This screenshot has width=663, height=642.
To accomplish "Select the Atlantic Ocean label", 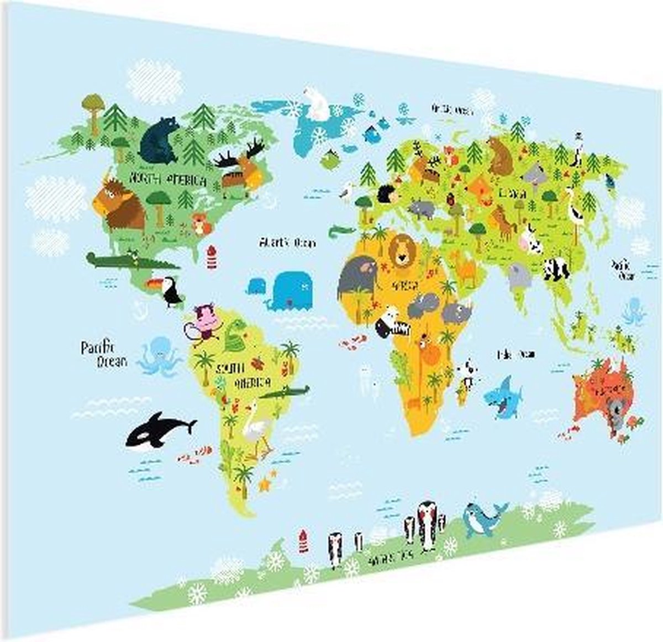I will coord(287,242).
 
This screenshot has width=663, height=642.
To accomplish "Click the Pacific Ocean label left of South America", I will coord(104,354).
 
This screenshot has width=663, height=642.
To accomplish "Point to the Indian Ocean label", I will coord(516,354).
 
